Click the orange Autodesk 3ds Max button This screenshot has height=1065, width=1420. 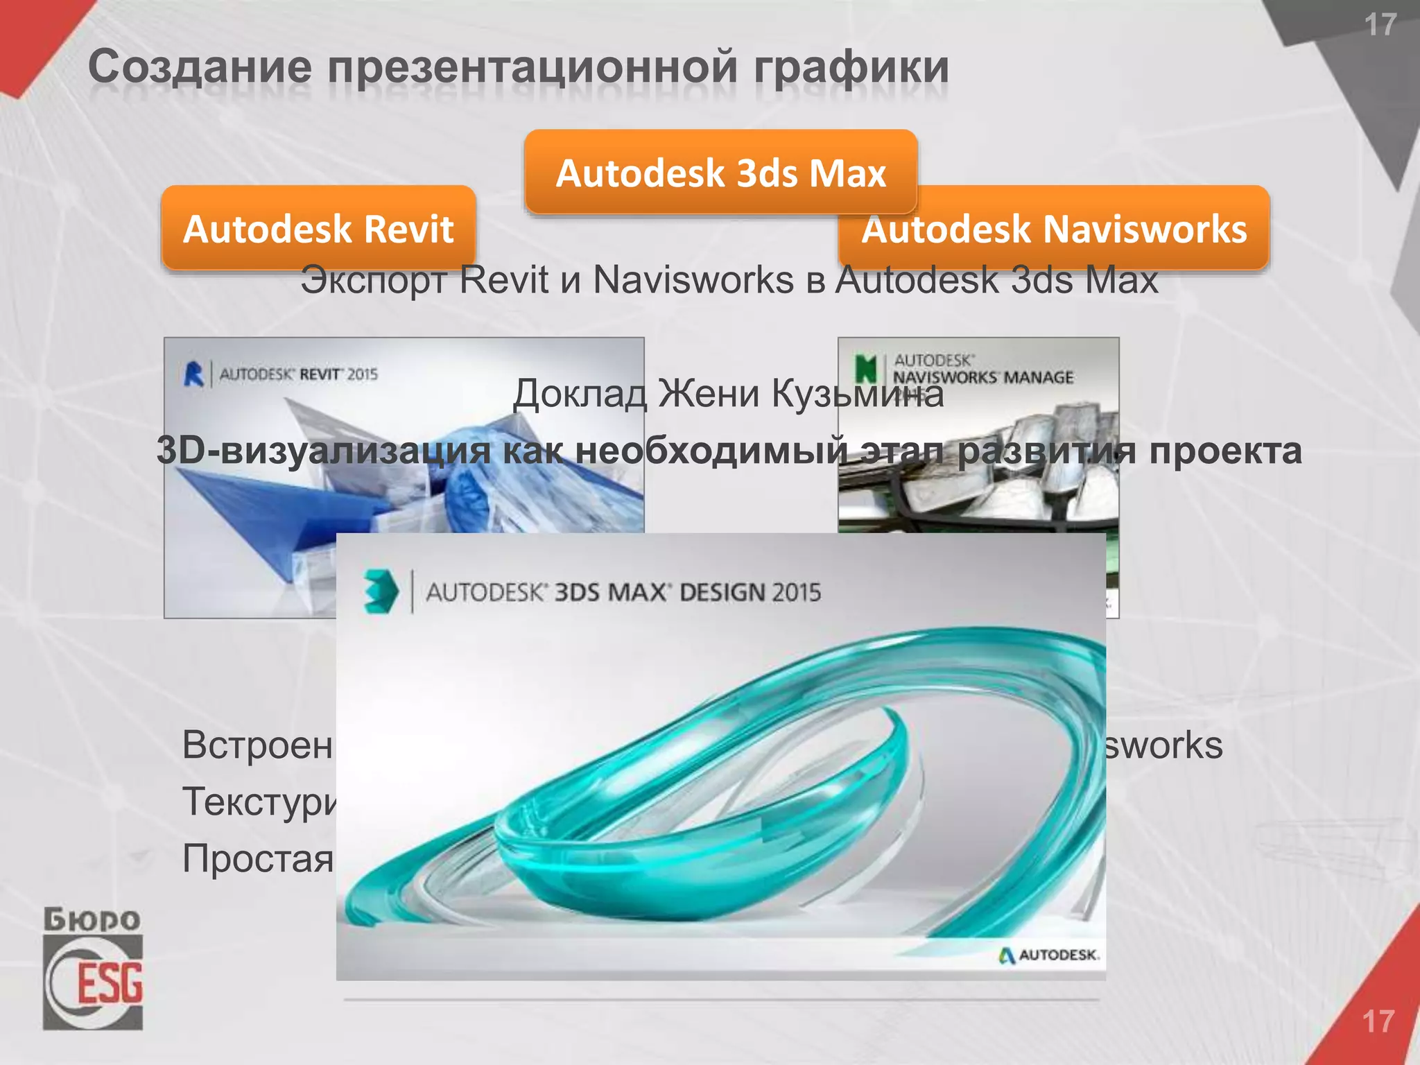pyautogui.click(x=721, y=172)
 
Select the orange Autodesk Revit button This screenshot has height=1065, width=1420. pyautogui.click(x=318, y=228)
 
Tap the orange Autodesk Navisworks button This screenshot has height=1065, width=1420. pyautogui.click(x=1054, y=230)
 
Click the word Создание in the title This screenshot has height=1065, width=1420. pyautogui.click(x=200, y=68)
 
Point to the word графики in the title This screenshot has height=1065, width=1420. pyautogui.click(x=851, y=68)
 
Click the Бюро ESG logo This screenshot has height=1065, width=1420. pyautogui.click(x=93, y=968)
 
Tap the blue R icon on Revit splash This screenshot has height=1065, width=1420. pyautogui.click(x=194, y=374)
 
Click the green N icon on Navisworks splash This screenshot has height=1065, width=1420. pyautogui.click(x=865, y=368)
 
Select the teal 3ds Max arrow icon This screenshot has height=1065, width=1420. pyautogui.click(x=381, y=591)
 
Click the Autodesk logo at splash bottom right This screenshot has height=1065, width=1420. pyautogui.click(x=1049, y=955)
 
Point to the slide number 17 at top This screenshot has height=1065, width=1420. pyautogui.click(x=1380, y=26)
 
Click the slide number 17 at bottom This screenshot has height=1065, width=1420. pyautogui.click(x=1378, y=1021)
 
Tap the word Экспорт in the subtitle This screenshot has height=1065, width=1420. pyautogui.click(x=373, y=280)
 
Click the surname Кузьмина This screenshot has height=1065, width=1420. pyautogui.click(x=858, y=393)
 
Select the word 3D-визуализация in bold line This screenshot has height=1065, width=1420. pyautogui.click(x=324, y=451)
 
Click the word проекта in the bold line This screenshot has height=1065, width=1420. pyautogui.click(x=1225, y=451)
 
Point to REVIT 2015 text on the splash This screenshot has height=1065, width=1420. pyautogui.click(x=338, y=374)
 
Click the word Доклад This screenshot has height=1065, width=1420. pyautogui.click(x=580, y=393)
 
